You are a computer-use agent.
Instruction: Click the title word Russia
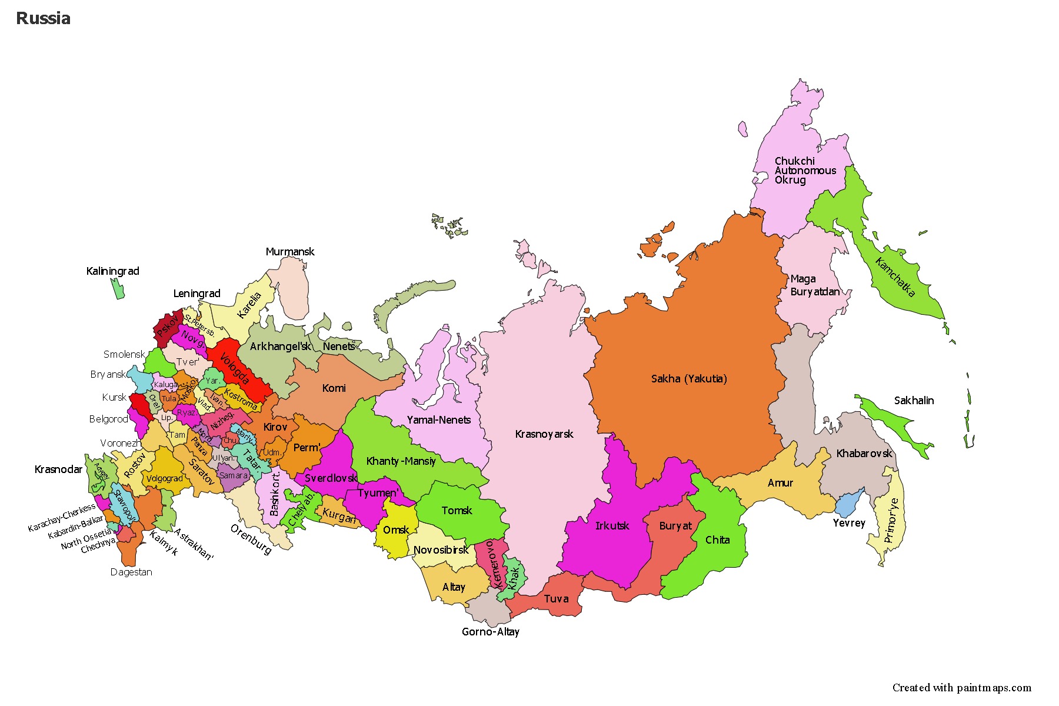[43, 18]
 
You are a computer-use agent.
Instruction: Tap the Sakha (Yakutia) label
[689, 379]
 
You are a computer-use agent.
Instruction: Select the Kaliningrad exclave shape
[118, 289]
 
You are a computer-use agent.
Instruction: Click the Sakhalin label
[914, 401]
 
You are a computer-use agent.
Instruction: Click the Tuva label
[556, 599]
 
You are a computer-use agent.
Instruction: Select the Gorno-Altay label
[490, 632]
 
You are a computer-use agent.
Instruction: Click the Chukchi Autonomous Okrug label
[804, 171]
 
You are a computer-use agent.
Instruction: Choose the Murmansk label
[290, 252]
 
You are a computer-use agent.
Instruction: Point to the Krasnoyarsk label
[544, 434]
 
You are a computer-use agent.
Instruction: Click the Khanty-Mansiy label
[401, 461]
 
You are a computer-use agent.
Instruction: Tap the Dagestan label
[131, 572]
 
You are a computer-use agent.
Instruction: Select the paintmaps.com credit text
[961, 687]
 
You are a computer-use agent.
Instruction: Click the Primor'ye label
[891, 520]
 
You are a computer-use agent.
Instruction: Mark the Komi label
[334, 388]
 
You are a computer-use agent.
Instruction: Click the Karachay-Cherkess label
[62, 518]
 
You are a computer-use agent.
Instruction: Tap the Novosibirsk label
[441, 550]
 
